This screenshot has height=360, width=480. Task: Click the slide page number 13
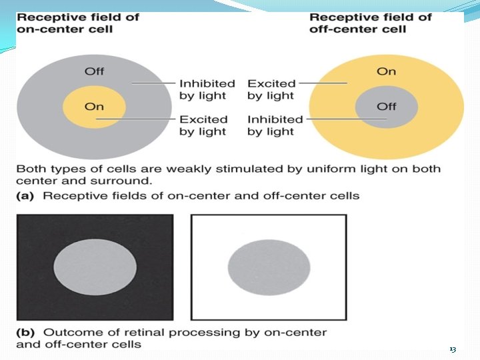point(453,350)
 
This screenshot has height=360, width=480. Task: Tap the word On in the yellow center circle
point(94,106)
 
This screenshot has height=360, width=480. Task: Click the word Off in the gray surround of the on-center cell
point(94,71)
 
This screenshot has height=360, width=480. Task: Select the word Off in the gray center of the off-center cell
point(386,106)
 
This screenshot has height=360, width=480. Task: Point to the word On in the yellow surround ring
point(386,71)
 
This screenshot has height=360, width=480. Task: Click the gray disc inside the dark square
point(94,265)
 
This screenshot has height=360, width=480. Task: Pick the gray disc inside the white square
point(269,265)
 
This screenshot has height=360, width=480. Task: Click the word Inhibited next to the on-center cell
point(207,83)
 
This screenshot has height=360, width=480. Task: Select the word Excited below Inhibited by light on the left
point(203,119)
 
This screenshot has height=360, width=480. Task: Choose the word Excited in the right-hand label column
point(271,83)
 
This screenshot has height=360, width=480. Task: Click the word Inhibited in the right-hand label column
point(275,119)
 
